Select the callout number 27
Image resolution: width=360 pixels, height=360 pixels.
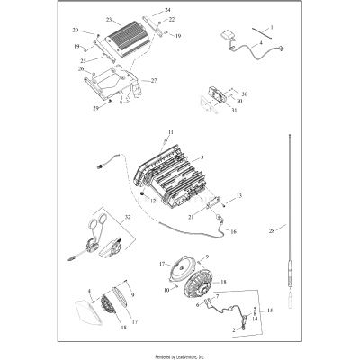[153, 81]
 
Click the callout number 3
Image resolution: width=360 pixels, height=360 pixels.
[202, 157]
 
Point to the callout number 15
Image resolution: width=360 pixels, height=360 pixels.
[270, 310]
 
